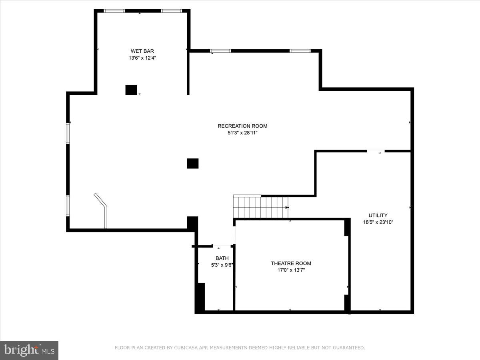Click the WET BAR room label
pyautogui.click(x=142, y=51)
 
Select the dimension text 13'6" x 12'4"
pyautogui.click(x=142, y=58)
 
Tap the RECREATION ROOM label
pyautogui.click(x=242, y=126)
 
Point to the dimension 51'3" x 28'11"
pyautogui.click(x=242, y=133)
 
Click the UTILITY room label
pyautogui.click(x=378, y=215)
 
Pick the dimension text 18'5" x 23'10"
pyautogui.click(x=378, y=222)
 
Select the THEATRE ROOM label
pyautogui.click(x=291, y=263)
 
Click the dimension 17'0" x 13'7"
pyautogui.click(x=291, y=270)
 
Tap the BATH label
pyautogui.click(x=222, y=258)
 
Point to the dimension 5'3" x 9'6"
pyautogui.click(x=222, y=265)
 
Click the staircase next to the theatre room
pyautogui.click(x=260, y=207)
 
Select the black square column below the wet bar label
pyautogui.click(x=131, y=90)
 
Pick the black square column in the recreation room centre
pyautogui.click(x=193, y=163)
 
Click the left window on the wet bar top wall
pyautogui.click(x=114, y=11)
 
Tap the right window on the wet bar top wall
pyautogui.click(x=171, y=11)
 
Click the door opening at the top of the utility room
pyautogui.click(x=376, y=151)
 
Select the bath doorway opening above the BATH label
pyautogui.click(x=222, y=246)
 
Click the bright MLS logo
pyautogui.click(x=29, y=350)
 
